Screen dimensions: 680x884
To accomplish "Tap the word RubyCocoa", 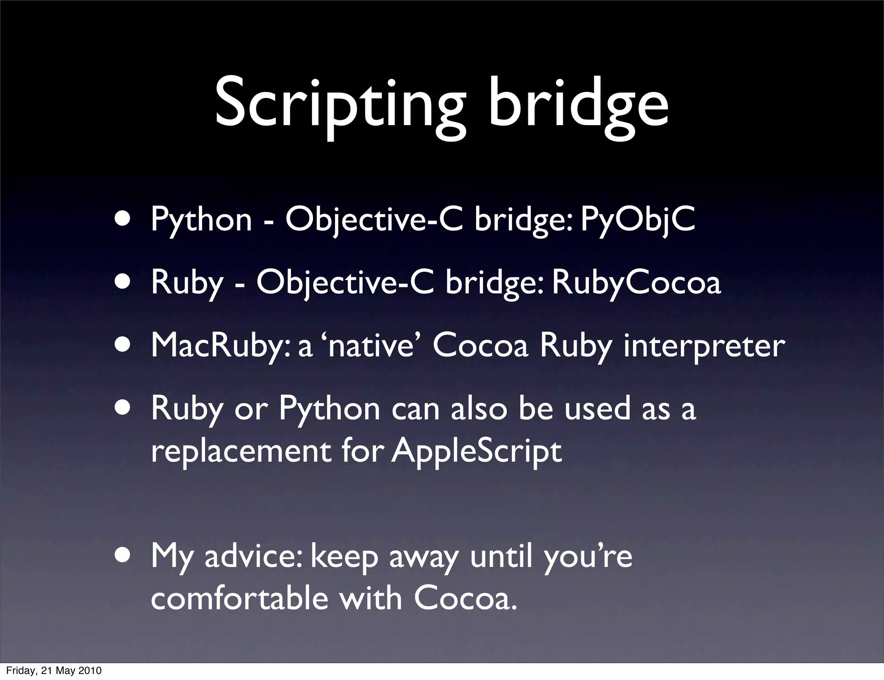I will tap(636, 283).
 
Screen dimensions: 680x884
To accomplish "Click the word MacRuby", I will tap(220, 346).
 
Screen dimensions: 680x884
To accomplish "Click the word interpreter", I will tap(704, 346).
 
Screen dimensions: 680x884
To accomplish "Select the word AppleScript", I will tap(477, 451).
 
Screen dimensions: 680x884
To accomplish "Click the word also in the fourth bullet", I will tap(479, 409).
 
